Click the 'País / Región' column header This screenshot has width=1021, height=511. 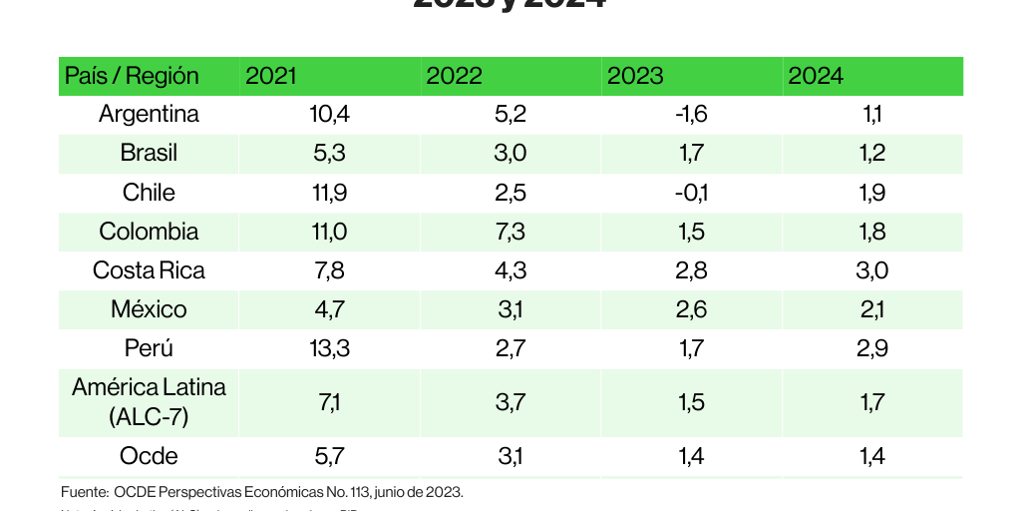coord(132,76)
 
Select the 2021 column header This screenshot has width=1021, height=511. coord(271,76)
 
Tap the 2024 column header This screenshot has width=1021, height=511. coord(816,76)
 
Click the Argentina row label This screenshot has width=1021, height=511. coord(149,114)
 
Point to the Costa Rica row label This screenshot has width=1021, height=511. coord(149,270)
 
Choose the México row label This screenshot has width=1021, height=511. coord(149,309)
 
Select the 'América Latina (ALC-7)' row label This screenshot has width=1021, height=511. coord(149,401)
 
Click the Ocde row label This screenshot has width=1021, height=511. coord(149,456)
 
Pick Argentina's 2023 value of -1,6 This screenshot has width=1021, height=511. coord(691,114)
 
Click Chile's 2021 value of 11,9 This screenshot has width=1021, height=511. coord(329,193)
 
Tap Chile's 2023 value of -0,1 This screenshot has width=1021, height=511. coord(691,193)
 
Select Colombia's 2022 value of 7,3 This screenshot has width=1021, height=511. coord(510,232)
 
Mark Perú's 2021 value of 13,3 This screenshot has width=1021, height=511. coord(329,348)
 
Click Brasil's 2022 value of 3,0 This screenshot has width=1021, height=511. coord(510,154)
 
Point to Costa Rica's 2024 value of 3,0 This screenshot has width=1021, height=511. coord(872,270)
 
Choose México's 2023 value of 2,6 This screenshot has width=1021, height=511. coord(691,309)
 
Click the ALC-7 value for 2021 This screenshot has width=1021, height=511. coord(329,401)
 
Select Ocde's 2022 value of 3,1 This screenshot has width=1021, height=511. coord(510,456)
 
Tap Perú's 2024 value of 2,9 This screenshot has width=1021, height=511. coord(872,348)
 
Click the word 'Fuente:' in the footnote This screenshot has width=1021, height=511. coord(84,492)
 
